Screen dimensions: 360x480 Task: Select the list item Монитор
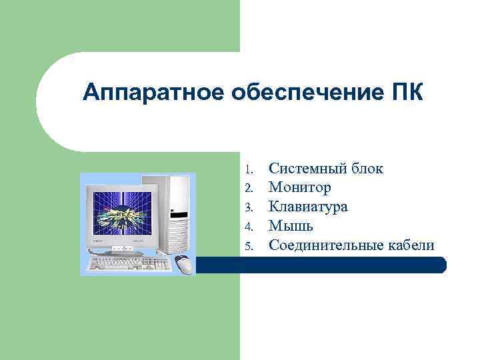click(x=299, y=187)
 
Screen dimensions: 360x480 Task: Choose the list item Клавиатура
click(x=308, y=207)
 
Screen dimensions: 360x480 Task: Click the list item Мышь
click(x=291, y=226)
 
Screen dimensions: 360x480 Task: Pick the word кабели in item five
click(x=409, y=245)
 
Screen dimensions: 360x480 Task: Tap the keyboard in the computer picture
click(x=129, y=263)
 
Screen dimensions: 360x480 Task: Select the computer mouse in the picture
click(x=184, y=265)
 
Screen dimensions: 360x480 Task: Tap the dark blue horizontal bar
click(x=320, y=265)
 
